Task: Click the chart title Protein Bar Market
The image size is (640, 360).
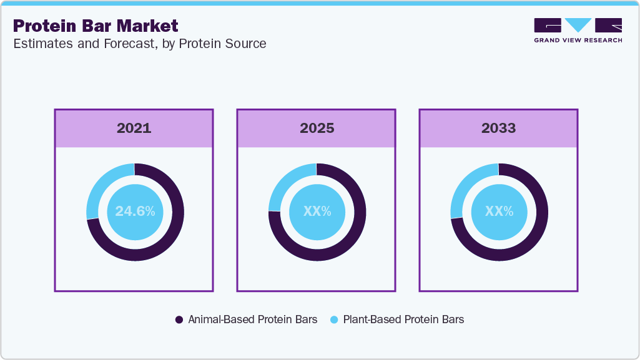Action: [96, 26]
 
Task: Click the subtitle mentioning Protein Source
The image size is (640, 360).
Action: [139, 44]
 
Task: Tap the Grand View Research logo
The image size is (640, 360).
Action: [578, 30]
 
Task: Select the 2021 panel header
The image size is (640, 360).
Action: [134, 129]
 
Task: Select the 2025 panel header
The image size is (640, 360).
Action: [317, 129]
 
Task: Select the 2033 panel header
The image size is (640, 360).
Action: [498, 129]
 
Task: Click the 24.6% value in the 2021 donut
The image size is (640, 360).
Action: [135, 212]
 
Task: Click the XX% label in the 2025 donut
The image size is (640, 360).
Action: [317, 212]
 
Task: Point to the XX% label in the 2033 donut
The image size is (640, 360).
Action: [500, 212]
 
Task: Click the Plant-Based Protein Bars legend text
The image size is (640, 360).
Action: [403, 319]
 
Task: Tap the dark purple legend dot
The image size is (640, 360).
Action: [179, 319]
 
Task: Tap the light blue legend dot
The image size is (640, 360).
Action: [333, 319]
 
